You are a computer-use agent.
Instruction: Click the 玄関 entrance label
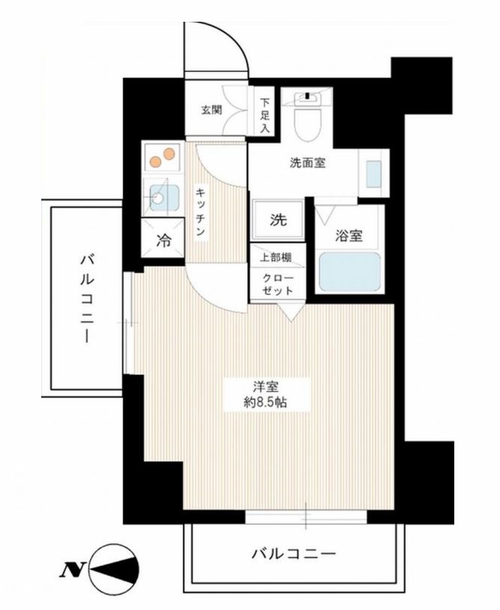(211, 109)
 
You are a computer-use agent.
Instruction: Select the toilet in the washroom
(307, 120)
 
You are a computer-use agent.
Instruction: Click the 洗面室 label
(307, 163)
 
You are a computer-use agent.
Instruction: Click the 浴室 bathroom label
(349, 236)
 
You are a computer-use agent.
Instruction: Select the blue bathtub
(349, 273)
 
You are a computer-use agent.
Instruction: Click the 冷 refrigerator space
(163, 241)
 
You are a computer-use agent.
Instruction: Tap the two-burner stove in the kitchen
(163, 158)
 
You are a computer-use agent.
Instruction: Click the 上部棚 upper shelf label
(277, 257)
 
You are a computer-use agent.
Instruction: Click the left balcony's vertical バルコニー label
(87, 298)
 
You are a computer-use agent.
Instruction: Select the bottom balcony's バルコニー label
(293, 555)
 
